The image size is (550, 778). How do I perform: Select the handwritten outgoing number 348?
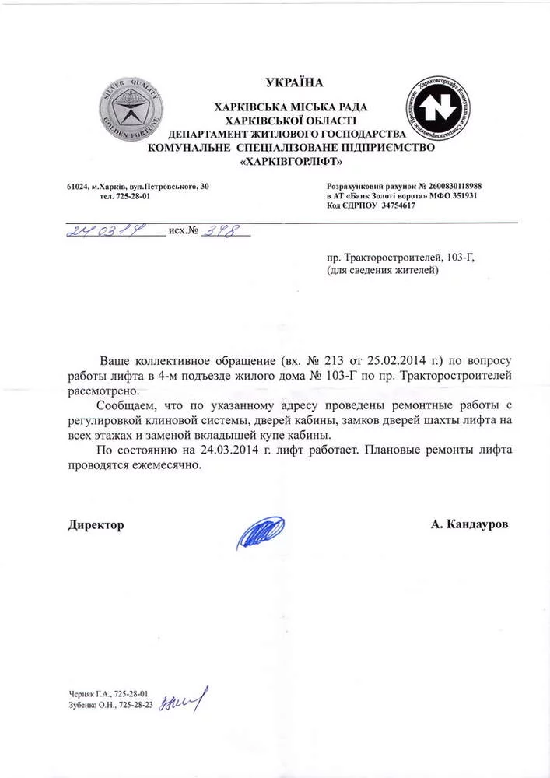coord(219,232)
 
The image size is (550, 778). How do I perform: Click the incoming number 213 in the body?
coord(336,362)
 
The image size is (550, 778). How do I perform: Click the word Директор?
coord(96,525)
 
